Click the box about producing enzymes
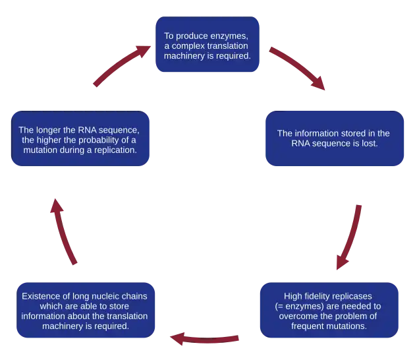coord(207,45)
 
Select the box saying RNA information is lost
coord(334,138)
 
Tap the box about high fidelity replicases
coord(328,311)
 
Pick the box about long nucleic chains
coord(85,311)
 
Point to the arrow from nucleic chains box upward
coord(65,231)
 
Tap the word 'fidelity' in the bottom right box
coord(318,296)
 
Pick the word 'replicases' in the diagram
coord(352,296)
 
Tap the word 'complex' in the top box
coord(186,45)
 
